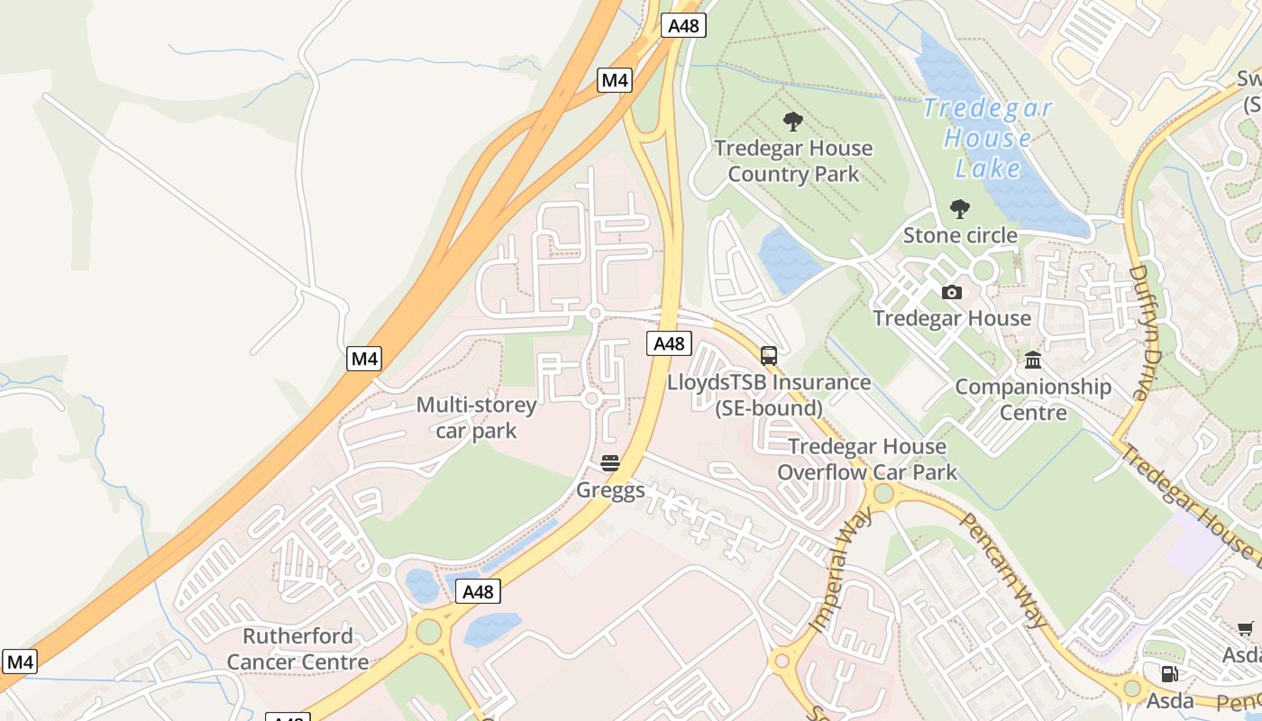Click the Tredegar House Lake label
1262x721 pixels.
(987, 138)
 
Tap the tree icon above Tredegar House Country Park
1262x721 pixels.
(793, 122)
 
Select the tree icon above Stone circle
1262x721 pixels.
(960, 209)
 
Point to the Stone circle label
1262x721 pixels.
(960, 236)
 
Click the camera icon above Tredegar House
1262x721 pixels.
(951, 292)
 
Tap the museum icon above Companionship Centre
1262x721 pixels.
(1033, 360)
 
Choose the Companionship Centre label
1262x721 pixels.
(1033, 399)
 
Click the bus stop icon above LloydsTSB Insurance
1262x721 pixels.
(769, 356)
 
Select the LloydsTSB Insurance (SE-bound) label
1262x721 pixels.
(769, 395)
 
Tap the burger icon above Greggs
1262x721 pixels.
(610, 463)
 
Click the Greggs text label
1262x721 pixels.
(610, 490)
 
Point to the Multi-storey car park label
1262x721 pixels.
(476, 417)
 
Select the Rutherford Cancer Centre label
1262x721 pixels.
(297, 649)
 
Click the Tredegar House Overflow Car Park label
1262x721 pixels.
(867, 459)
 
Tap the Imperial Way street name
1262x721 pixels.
(841, 570)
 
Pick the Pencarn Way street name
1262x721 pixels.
(1003, 569)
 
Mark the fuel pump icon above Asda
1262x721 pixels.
(1170, 673)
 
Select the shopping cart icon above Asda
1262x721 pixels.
(1246, 628)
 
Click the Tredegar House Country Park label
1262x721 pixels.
(793, 160)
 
